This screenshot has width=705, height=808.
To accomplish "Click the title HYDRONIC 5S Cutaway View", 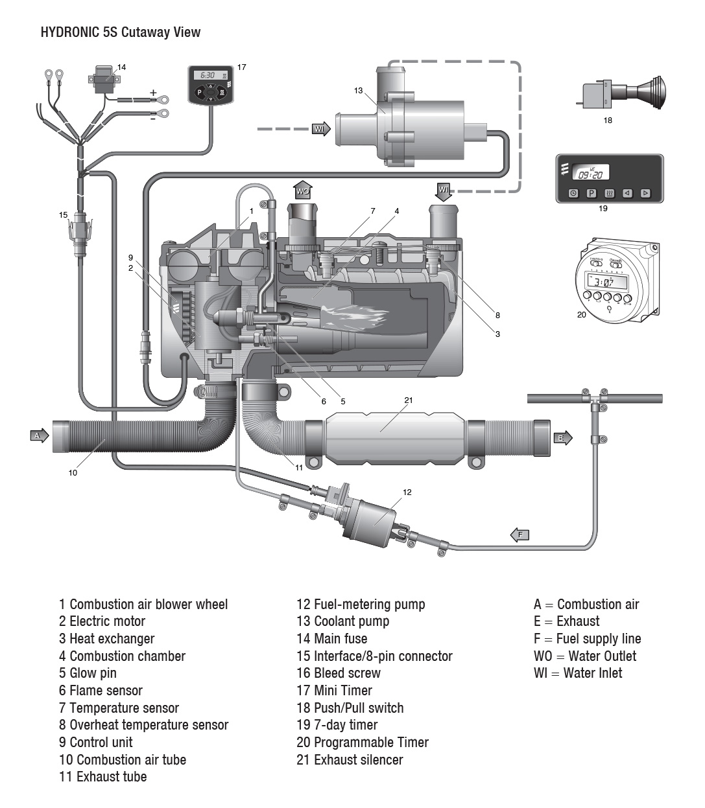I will (x=121, y=32).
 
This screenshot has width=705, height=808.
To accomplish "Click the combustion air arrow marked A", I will (x=39, y=436).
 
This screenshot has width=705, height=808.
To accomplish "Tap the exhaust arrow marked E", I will (x=563, y=438).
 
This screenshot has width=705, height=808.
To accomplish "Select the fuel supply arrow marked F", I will (x=520, y=535).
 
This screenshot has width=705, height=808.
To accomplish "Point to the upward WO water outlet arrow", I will (x=303, y=189).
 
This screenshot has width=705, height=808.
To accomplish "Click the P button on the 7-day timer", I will (x=591, y=193).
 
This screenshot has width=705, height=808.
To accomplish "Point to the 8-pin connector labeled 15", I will (x=80, y=231).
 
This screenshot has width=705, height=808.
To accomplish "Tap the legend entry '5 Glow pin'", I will (x=88, y=673).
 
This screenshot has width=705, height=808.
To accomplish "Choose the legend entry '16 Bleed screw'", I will (x=339, y=673).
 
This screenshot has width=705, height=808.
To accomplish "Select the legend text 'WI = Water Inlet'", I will (x=577, y=673).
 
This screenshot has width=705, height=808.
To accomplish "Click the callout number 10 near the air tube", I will (x=73, y=473).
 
